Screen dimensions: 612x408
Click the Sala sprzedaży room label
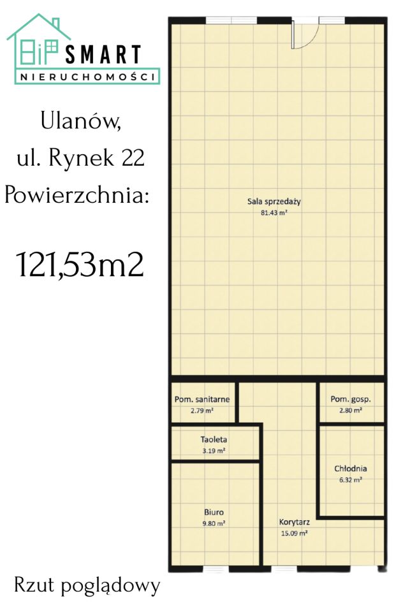(x=274, y=202)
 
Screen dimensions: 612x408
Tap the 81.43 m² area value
(x=274, y=214)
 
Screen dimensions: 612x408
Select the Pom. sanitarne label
(x=202, y=400)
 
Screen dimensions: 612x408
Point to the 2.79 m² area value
(x=202, y=411)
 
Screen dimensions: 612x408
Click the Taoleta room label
(x=214, y=439)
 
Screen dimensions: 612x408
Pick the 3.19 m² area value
(x=214, y=451)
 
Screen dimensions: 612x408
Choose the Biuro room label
(x=214, y=511)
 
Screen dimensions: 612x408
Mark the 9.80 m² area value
(x=214, y=523)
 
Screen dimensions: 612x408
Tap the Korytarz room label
(x=294, y=521)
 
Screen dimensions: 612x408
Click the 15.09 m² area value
(x=294, y=533)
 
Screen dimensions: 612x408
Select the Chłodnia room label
(x=351, y=469)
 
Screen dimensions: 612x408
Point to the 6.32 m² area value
(x=351, y=480)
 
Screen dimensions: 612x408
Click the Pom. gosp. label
(x=351, y=400)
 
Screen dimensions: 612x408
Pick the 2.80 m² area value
(x=351, y=411)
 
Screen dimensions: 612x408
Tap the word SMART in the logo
(x=103, y=55)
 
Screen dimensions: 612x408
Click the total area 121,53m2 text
(x=80, y=264)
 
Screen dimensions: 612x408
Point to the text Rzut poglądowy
(x=87, y=585)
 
